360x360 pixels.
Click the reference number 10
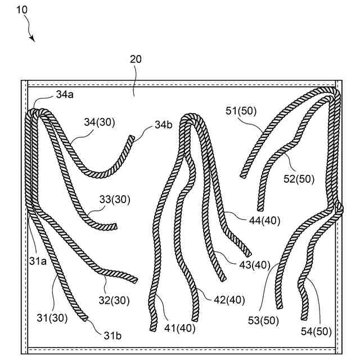[20, 10]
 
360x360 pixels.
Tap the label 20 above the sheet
[136, 59]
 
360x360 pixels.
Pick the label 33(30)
[114, 199]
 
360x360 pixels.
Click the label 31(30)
[53, 318]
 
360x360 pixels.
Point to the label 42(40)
[229, 300]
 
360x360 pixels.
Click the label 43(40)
[255, 265]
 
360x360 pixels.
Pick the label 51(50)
[241, 111]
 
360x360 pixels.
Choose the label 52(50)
[299, 179]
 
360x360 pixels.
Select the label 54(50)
[316, 331]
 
